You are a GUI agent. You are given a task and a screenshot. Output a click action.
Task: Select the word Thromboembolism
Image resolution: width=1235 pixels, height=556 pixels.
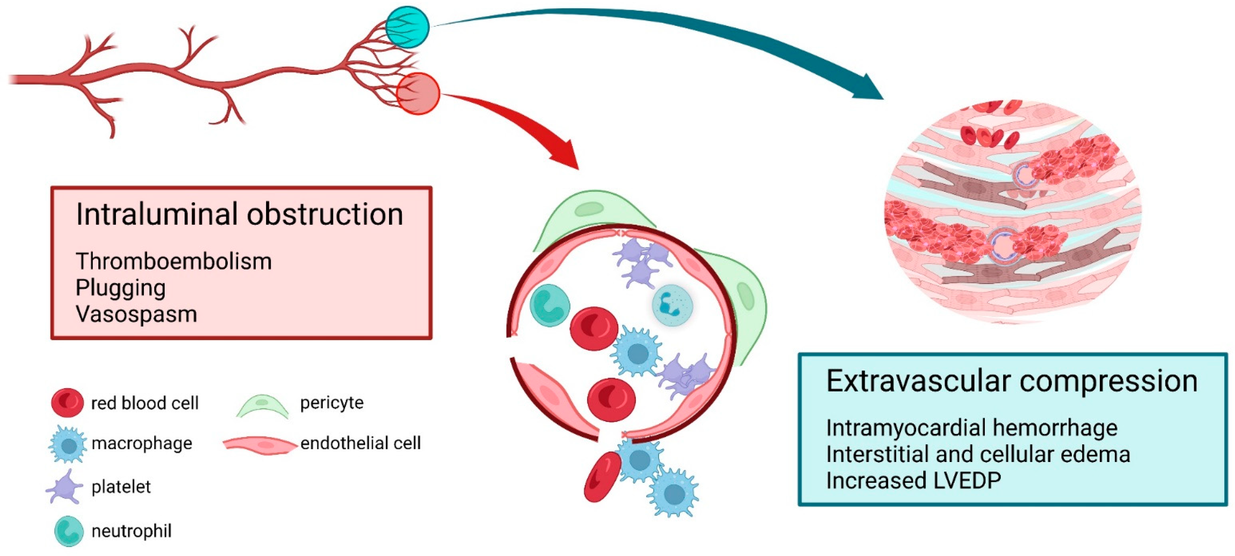point(173,262)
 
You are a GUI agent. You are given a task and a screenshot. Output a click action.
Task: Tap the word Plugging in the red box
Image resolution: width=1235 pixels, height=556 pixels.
point(120,288)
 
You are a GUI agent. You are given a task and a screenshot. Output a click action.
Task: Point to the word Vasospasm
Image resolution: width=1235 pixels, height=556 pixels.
point(136,314)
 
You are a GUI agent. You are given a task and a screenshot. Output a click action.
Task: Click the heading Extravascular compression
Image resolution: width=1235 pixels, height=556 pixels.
point(1012,381)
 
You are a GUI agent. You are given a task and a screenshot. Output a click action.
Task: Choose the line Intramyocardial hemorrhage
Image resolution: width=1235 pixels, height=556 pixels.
point(971,428)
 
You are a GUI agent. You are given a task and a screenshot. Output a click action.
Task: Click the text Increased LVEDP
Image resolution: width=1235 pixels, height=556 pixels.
point(913,481)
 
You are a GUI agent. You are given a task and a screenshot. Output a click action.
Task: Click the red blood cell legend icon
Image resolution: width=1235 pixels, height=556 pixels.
point(67,402)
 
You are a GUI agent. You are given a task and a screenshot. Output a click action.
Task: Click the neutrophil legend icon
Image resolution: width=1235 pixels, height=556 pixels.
point(69,530)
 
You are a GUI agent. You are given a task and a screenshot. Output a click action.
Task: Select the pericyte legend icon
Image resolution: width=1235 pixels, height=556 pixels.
point(262,405)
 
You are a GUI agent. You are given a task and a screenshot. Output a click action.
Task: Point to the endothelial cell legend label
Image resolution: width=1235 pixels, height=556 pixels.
point(361,443)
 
